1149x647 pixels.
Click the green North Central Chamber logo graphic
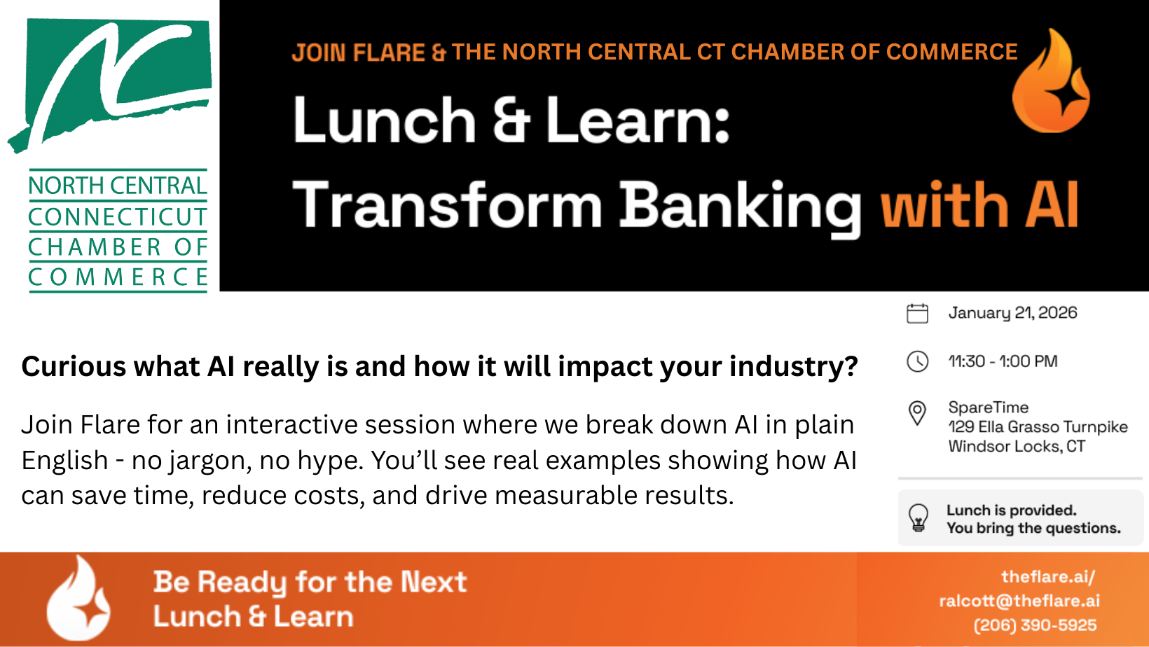110,85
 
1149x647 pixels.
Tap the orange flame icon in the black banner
1050,81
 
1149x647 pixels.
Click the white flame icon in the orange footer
78,598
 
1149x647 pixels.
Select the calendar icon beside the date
917,313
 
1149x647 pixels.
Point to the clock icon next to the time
917,361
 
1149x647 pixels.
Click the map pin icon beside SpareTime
917,413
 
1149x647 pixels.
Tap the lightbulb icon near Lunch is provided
918,517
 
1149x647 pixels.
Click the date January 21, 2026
1012,313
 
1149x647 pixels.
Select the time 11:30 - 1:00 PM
1003,361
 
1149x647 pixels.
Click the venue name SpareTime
989,407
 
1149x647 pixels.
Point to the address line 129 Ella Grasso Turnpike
1038,426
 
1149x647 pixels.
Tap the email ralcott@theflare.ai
1019,601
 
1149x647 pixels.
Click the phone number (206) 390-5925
1035,625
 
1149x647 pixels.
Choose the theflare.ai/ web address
1048,577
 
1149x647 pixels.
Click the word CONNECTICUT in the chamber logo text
118,217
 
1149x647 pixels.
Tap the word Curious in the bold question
74,367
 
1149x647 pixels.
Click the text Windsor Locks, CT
1017,446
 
